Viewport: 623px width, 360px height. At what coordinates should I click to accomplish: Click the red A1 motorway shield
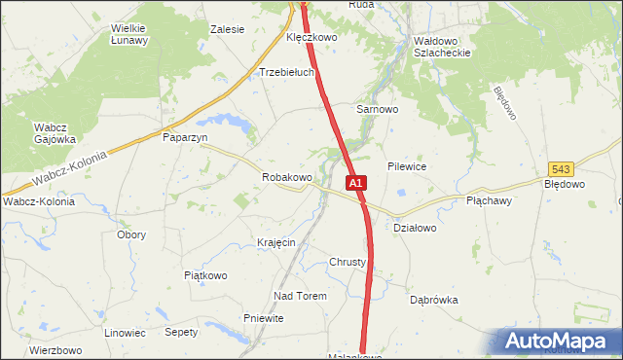tap(355, 182)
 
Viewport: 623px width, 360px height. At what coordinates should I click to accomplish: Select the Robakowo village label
tap(286, 178)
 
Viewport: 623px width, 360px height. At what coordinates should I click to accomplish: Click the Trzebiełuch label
tap(286, 72)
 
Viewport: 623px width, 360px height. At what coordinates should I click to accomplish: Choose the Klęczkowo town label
tap(311, 37)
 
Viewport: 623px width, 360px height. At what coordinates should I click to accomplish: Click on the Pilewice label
tap(407, 166)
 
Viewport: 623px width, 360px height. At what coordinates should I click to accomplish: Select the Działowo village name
tap(415, 228)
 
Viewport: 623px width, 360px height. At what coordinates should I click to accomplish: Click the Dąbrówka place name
tap(433, 301)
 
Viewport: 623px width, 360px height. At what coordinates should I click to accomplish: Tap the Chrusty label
tap(348, 263)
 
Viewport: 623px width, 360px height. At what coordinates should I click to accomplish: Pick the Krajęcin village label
tap(275, 241)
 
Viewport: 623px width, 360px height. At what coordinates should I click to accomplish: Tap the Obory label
tap(131, 234)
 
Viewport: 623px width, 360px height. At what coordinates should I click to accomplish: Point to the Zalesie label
tap(227, 29)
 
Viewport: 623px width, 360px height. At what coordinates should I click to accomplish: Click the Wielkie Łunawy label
tap(128, 34)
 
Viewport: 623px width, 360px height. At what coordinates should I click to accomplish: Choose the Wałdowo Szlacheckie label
tap(442, 47)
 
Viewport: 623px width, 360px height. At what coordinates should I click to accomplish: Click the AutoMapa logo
tap(560, 342)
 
